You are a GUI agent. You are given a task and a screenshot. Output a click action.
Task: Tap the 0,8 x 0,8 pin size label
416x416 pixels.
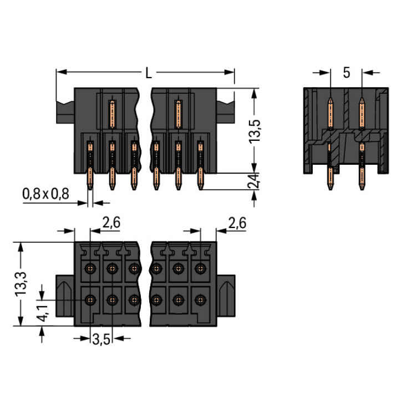45,194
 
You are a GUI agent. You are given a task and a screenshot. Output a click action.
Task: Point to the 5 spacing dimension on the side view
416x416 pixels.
346,73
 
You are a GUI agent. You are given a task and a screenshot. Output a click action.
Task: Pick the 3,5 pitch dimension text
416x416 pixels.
100,339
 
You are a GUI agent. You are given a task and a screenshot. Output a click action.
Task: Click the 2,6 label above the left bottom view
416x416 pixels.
111,223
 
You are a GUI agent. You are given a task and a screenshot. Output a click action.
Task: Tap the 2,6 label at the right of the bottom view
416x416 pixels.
237,223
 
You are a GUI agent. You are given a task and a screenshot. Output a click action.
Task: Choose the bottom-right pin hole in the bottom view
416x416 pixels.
200,300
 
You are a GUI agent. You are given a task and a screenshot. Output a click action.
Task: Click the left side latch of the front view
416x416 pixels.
64,111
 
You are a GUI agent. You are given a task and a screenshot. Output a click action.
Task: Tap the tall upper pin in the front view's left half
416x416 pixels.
111,114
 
